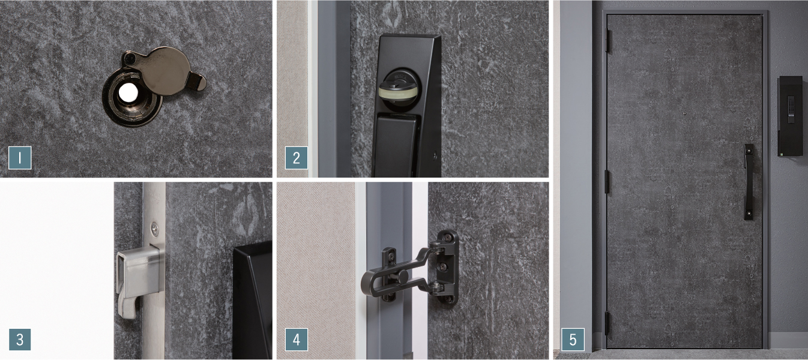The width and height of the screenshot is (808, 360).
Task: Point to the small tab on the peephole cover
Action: (x=197, y=82)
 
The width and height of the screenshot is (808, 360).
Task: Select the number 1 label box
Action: (x=20, y=158)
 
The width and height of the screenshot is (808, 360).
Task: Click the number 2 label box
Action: (x=297, y=158)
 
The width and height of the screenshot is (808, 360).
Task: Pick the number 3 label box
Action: (x=20, y=340)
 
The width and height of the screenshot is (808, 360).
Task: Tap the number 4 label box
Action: (x=297, y=340)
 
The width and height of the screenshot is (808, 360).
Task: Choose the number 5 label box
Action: (x=573, y=340)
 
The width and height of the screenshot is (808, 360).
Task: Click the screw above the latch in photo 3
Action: (x=154, y=228)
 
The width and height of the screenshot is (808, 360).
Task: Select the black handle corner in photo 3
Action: (x=253, y=299)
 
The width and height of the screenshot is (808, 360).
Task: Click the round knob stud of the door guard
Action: (x=403, y=277)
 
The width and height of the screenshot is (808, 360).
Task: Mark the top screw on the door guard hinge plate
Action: (x=447, y=238)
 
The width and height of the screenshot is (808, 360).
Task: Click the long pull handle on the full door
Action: (x=749, y=182)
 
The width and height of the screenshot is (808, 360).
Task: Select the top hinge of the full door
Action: (x=608, y=39)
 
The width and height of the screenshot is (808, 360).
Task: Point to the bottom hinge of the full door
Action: (x=607, y=323)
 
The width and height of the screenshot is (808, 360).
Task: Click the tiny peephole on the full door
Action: (x=684, y=113)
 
